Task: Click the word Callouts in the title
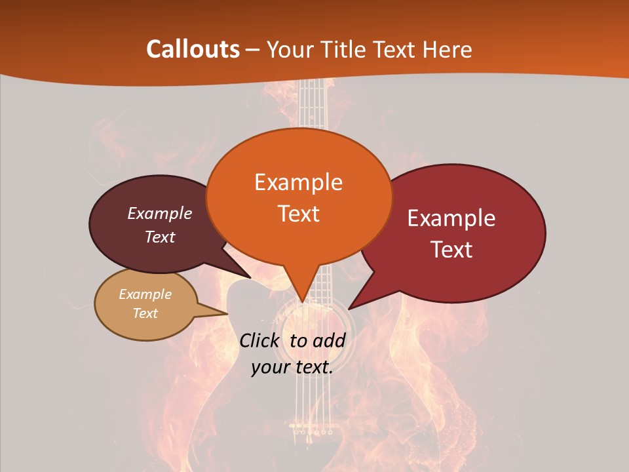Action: [193, 49]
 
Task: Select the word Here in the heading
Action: [448, 49]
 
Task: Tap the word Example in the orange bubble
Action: [298, 182]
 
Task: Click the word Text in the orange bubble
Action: [298, 214]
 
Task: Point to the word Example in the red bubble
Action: [451, 218]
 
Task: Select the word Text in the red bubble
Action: [451, 250]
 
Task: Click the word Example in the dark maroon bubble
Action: [160, 214]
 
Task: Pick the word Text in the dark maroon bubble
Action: [160, 237]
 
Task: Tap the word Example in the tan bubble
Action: [145, 294]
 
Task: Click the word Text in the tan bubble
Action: [145, 313]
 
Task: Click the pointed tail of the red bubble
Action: [351, 307]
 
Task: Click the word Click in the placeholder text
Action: [261, 340]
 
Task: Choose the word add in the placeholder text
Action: [329, 340]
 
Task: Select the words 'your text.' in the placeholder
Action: [292, 368]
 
